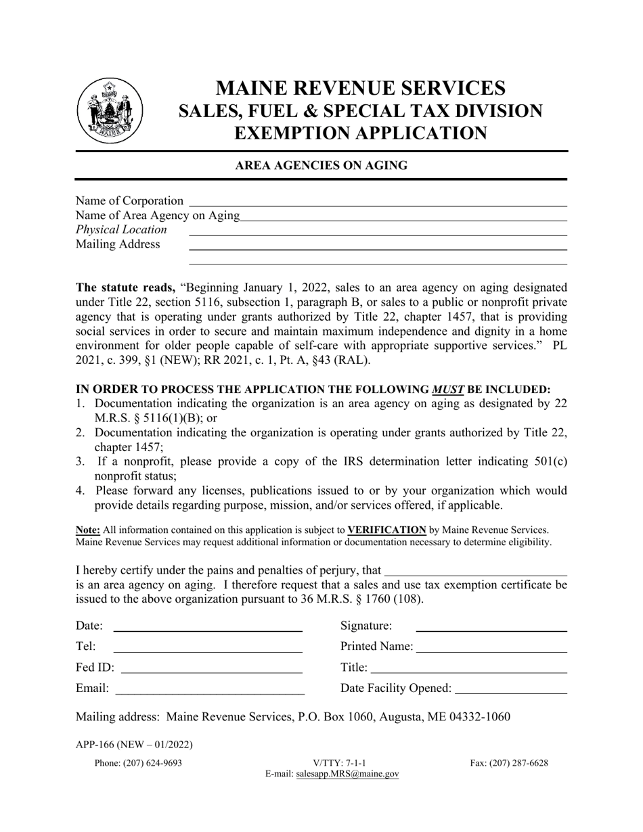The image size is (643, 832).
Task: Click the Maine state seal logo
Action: tap(110, 110)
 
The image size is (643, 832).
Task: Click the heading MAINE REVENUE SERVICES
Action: tap(360, 88)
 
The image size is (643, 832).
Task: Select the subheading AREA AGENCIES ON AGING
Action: tap(321, 165)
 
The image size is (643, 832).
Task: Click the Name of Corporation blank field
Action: tap(378, 202)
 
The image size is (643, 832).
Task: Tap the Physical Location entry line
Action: tap(377, 231)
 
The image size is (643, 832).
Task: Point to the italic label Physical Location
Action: tap(121, 230)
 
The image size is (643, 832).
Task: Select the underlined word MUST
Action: tap(448, 389)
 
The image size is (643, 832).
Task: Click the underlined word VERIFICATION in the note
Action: tap(386, 530)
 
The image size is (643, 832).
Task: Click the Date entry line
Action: tap(207, 626)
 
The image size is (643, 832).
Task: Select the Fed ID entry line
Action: tap(211, 669)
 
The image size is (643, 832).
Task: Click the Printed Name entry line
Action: tap(491, 647)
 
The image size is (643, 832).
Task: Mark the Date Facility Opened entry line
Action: tap(511, 689)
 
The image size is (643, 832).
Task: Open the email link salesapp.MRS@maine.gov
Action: tap(347, 775)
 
